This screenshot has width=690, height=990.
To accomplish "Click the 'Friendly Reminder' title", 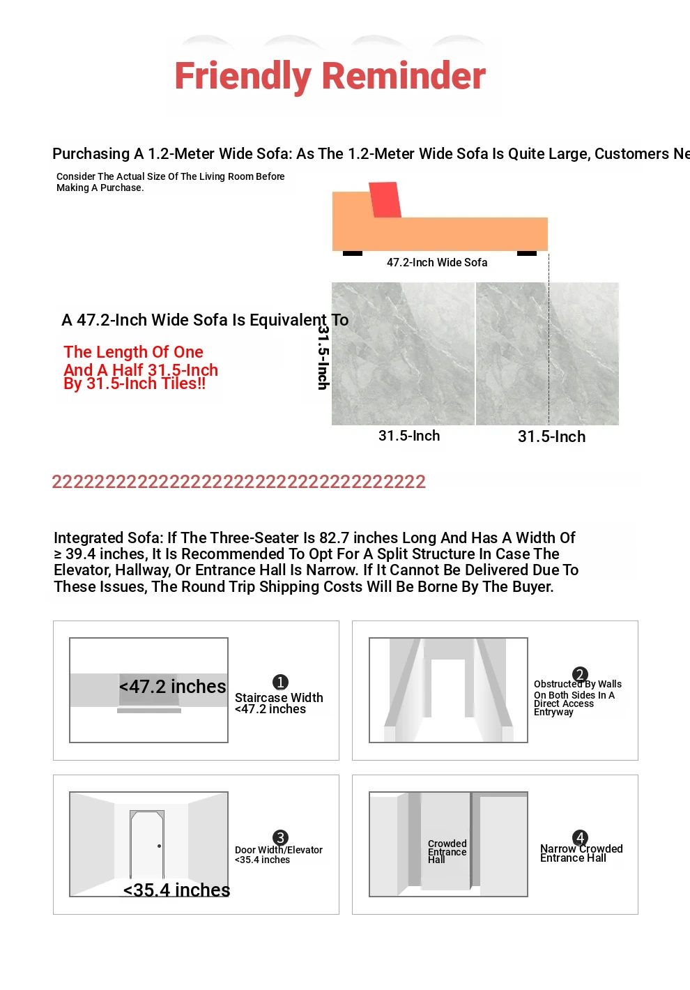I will pyautogui.click(x=330, y=76).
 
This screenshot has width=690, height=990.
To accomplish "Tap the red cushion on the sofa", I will pyautogui.click(x=385, y=199).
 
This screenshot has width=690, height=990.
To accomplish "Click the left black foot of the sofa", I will pyautogui.click(x=353, y=253).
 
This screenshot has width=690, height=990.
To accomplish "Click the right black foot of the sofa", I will pyautogui.click(x=527, y=253).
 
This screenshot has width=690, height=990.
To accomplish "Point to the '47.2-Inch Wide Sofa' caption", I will pyautogui.click(x=437, y=263).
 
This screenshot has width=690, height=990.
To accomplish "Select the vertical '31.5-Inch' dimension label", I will pyautogui.click(x=323, y=358).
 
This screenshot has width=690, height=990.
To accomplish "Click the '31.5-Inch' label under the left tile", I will pyautogui.click(x=409, y=436).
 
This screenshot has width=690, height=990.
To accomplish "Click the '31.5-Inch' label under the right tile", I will pyautogui.click(x=551, y=437).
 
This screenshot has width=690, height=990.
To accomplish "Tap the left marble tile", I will pyautogui.click(x=403, y=353).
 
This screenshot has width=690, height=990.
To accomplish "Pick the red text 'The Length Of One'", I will pyautogui.click(x=133, y=352).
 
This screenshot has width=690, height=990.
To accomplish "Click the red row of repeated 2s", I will pyautogui.click(x=238, y=482).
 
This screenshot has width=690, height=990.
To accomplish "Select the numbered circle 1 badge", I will pyautogui.click(x=280, y=682).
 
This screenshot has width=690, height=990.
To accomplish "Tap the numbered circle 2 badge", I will pyautogui.click(x=580, y=674).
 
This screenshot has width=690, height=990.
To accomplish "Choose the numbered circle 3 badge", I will pyautogui.click(x=280, y=837).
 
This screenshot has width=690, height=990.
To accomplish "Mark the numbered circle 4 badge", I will pyautogui.click(x=580, y=837).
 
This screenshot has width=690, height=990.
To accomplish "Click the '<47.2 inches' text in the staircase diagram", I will pyautogui.click(x=172, y=687).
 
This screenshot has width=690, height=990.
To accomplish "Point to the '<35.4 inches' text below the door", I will pyautogui.click(x=176, y=890).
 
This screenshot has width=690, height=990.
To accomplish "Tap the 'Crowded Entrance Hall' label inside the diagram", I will pyautogui.click(x=447, y=851).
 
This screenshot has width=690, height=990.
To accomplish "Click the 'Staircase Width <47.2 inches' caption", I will pyautogui.click(x=279, y=703).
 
